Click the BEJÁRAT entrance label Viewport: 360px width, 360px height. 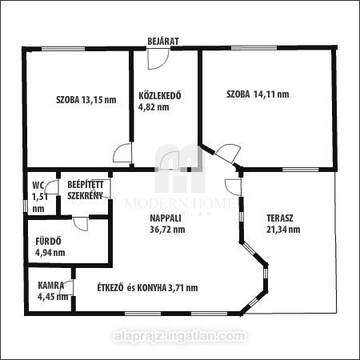click(163, 42)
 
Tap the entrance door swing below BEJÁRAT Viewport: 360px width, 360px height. click(158, 59)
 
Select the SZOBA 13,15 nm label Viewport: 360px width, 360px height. click(86, 100)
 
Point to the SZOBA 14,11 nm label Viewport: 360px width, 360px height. click(258, 94)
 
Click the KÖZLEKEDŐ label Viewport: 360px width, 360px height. click(160, 95)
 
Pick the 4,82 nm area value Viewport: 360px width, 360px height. click(154, 107)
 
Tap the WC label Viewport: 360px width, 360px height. click(38, 185)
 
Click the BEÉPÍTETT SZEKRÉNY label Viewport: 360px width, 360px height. click(86, 190)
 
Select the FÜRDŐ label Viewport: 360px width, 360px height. click(48, 242)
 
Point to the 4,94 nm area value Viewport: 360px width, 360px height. click(50, 253)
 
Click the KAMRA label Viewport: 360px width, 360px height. click(51, 286)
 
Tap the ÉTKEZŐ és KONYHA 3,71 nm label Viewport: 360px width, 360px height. click(147, 288)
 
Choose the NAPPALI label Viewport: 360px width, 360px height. click(166, 218)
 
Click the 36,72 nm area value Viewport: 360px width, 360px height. click(167, 230)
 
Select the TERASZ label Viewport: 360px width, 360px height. click(280, 218)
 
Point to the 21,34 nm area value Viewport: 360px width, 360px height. click(283, 230)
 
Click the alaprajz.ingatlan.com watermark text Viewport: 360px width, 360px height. click(180, 336)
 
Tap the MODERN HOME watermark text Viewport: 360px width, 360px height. click(180, 204)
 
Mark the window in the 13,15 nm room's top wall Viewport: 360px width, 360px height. click(63, 49)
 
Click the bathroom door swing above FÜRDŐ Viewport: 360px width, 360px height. click(81, 224)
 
